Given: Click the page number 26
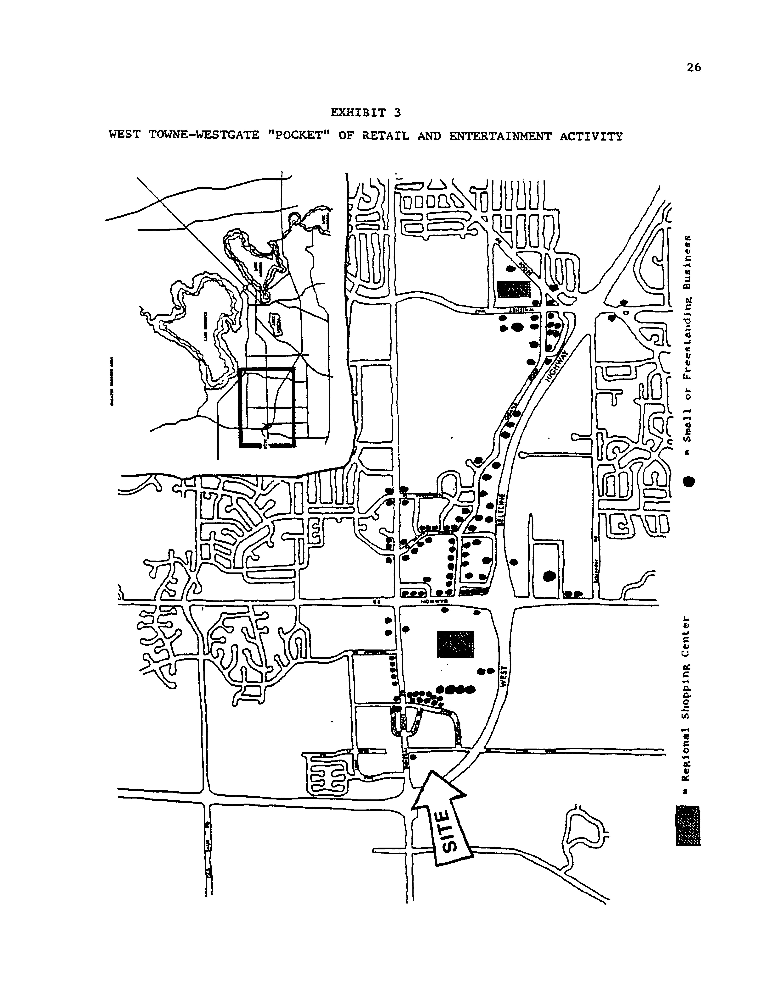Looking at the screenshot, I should tap(693, 68).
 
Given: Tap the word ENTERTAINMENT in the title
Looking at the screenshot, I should tap(500, 136).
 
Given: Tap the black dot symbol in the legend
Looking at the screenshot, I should tap(689, 481).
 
